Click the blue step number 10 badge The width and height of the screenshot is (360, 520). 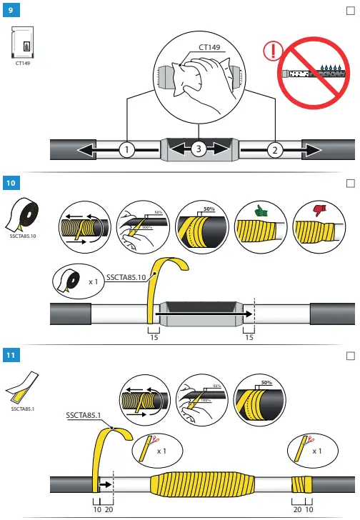point(11,183)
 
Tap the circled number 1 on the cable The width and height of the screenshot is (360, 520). point(126,150)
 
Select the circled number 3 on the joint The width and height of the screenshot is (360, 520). point(199,150)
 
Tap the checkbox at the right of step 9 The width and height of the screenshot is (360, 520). point(350,9)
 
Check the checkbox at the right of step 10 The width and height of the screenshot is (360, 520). point(350,183)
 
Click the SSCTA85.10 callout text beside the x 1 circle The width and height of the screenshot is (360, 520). point(126,276)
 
